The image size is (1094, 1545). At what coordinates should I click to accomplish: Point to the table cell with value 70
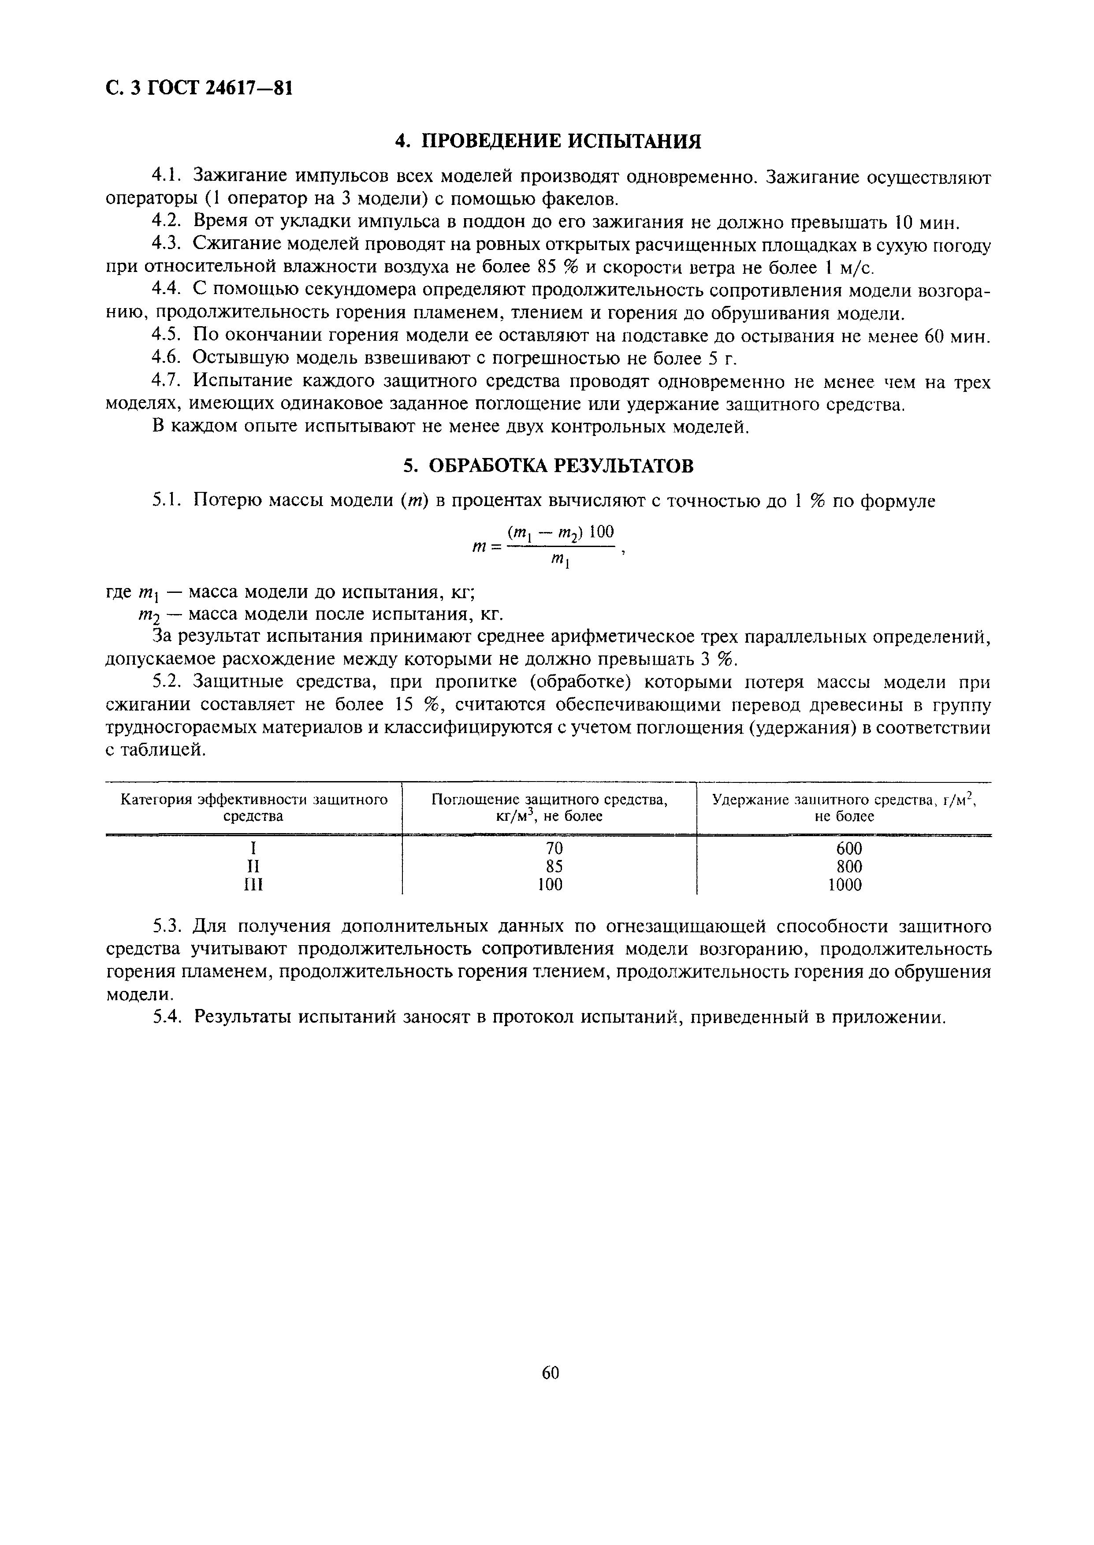[x=554, y=849]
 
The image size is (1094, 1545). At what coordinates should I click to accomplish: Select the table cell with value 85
[x=554, y=867]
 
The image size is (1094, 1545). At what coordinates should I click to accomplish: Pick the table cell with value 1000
[x=845, y=885]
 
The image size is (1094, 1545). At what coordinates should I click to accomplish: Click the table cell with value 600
[x=845, y=849]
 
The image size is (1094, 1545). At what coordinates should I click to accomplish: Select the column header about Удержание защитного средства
[x=845, y=808]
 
